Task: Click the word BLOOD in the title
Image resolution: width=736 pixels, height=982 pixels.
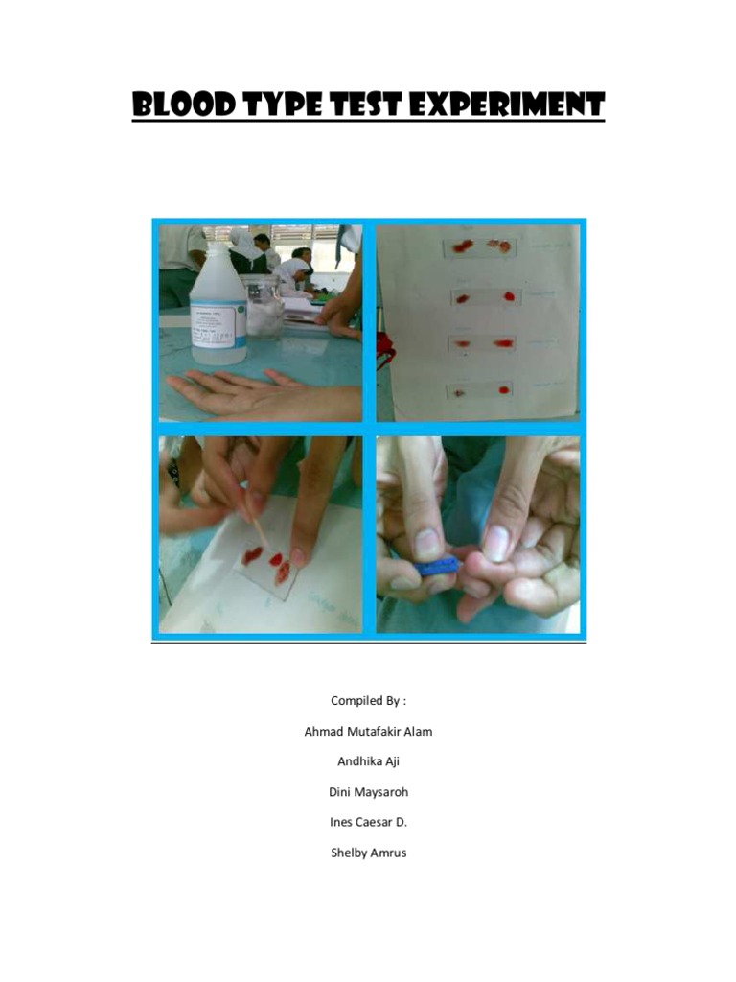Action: click(x=183, y=105)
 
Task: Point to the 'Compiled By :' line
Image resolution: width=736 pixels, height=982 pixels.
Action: click(x=368, y=701)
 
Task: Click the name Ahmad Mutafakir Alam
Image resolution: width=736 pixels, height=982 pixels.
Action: click(x=368, y=732)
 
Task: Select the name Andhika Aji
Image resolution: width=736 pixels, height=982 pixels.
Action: click(x=368, y=761)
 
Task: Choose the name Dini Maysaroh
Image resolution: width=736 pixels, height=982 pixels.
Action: click(x=368, y=792)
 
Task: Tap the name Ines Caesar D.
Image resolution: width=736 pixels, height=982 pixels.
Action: click(x=368, y=822)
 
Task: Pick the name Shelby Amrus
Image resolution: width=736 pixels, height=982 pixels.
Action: click(x=368, y=853)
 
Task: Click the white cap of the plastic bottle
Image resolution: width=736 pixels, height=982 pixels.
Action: click(x=218, y=251)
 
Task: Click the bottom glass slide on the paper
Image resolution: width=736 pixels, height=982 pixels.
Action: click(x=479, y=390)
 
